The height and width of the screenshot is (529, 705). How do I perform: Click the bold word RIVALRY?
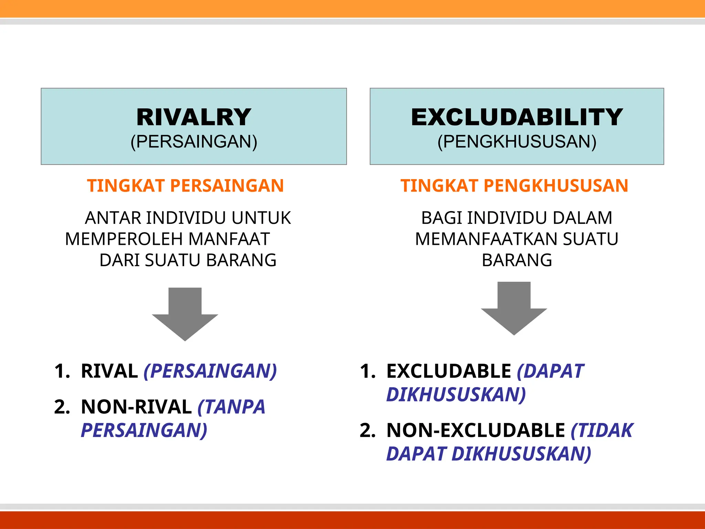click(x=193, y=117)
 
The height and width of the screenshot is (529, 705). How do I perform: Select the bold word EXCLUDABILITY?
click(x=517, y=117)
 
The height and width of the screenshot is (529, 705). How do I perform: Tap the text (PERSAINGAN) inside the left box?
click(x=194, y=142)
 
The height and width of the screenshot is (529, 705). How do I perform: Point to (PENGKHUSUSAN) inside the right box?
click(x=517, y=142)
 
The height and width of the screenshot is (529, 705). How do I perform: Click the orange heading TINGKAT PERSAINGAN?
click(x=185, y=186)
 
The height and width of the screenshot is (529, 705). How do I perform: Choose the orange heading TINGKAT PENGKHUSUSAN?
click(x=514, y=186)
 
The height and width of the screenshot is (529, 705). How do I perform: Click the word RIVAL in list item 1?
click(x=109, y=371)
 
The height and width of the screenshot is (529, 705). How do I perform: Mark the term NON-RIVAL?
click(x=136, y=407)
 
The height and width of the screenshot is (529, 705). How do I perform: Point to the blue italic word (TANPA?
click(x=231, y=407)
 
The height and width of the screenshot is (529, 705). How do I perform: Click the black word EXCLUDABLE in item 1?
click(x=449, y=371)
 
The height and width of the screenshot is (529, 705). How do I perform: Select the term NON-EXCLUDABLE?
click(x=475, y=431)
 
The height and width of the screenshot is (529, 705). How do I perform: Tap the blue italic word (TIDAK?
click(x=602, y=431)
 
